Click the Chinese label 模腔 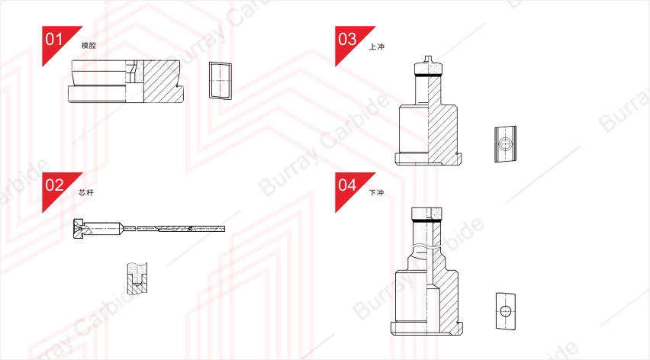pos(88,46)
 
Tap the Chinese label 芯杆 pos(86,193)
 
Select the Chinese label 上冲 pos(377,47)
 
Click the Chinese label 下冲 pos(376,193)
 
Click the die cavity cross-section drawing pos(126,81)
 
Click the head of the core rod pos(79,228)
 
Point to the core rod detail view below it pos(137,278)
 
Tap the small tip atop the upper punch pos(428,58)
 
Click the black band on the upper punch pos(428,76)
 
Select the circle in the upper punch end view pos(504,144)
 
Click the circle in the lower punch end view pos(505,310)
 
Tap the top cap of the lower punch pos(426,214)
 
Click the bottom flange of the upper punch pos(428,159)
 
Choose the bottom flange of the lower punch pos(426,328)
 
